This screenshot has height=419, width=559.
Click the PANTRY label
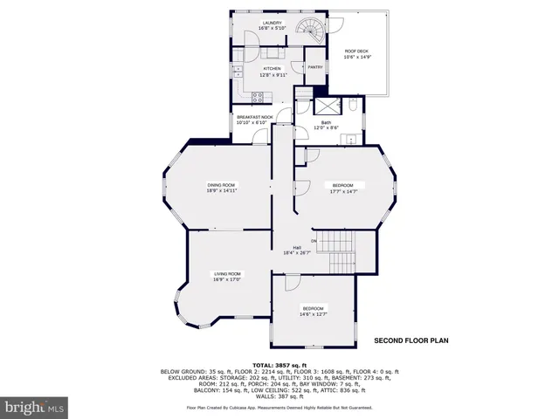[314, 67]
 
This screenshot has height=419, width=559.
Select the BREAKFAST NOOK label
[254, 118]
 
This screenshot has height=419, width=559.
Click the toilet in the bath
[350, 106]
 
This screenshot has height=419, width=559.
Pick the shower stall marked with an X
[303, 107]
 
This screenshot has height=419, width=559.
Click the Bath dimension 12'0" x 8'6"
[326, 128]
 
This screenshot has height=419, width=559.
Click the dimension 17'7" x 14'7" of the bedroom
[342, 190]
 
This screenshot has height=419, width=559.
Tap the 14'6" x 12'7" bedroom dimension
[313, 314]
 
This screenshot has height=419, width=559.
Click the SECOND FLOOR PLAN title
[411, 340]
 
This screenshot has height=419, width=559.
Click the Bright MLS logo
[35, 407]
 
